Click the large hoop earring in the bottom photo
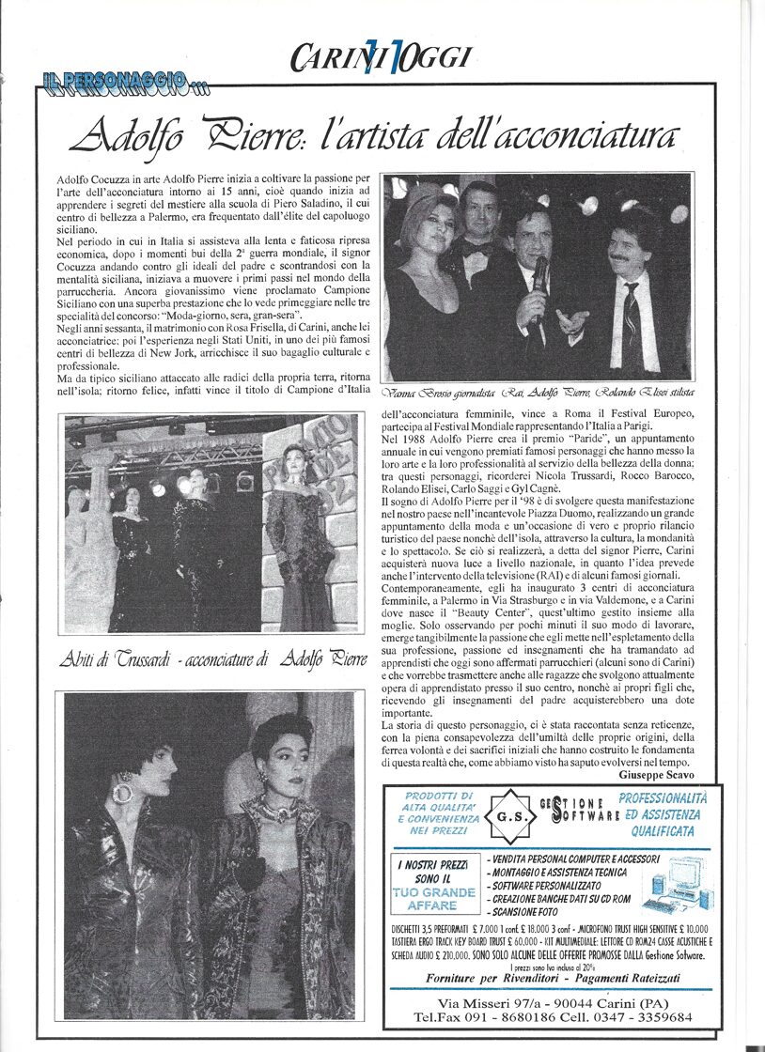coord(123,792)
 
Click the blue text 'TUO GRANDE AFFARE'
coord(433,900)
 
